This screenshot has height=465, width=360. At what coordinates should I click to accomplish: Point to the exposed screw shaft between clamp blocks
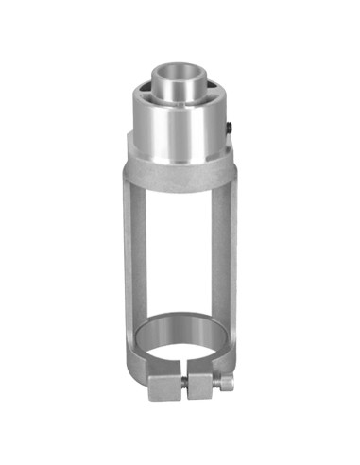185,385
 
